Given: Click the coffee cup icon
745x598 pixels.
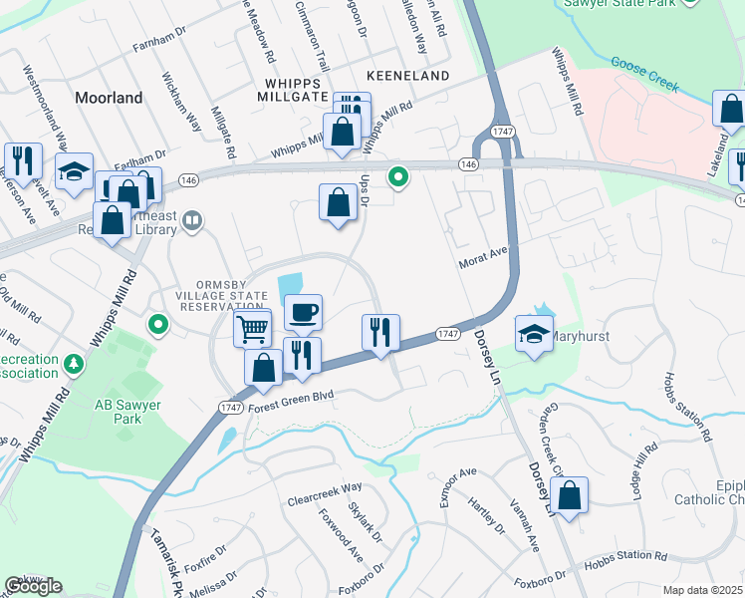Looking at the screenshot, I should click(303, 312).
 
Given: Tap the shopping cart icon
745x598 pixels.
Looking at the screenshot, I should click(253, 327).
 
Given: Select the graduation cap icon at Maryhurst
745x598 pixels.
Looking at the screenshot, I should click(535, 334).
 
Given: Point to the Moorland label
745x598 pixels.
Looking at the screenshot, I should click(109, 98).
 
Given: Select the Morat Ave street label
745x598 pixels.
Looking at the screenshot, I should click(485, 262).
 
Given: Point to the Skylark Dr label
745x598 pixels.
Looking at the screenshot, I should click(360, 521).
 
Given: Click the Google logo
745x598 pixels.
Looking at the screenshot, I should click(34, 586).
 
